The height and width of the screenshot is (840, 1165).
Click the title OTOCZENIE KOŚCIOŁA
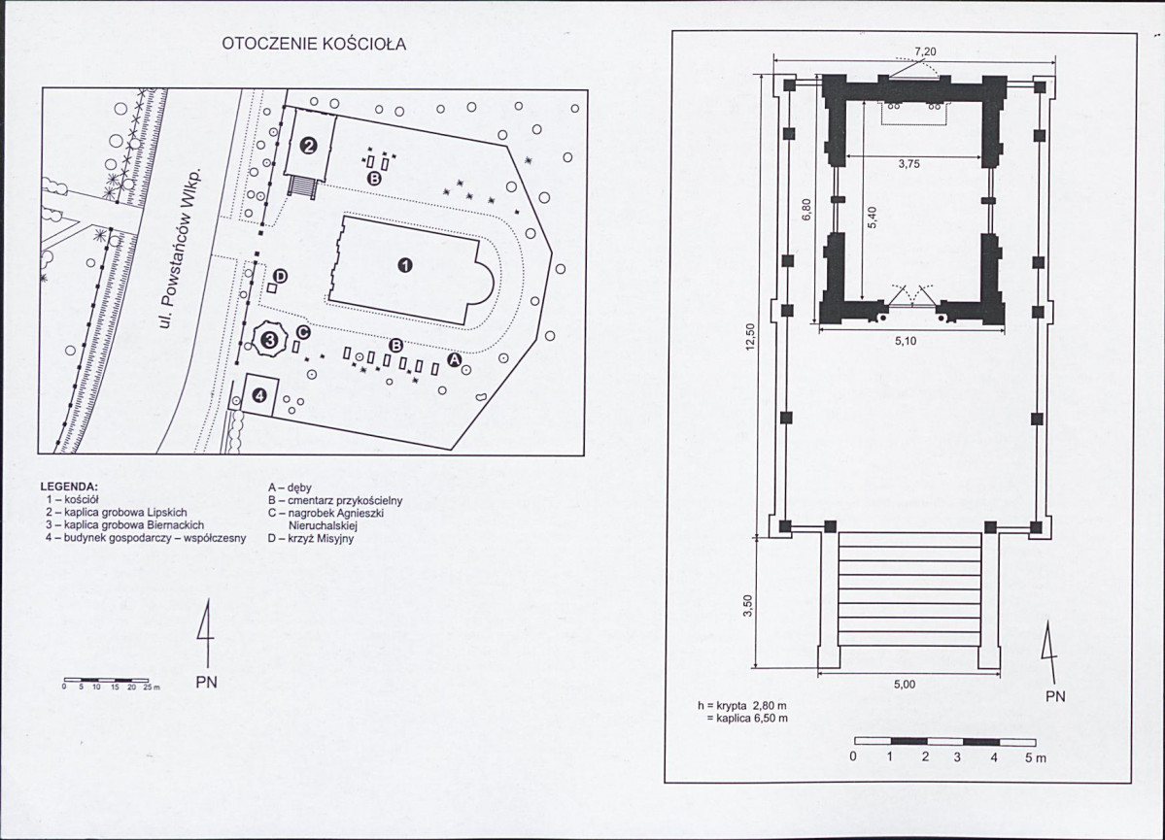pyautogui.click(x=314, y=45)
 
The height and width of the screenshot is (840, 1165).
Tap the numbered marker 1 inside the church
pyautogui.click(x=405, y=265)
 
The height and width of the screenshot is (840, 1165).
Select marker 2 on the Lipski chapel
pyautogui.click(x=309, y=147)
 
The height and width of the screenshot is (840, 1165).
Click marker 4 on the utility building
pyautogui.click(x=259, y=395)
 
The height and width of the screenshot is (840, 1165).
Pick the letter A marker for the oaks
pyautogui.click(x=453, y=360)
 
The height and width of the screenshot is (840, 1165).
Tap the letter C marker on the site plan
pyautogui.click(x=302, y=333)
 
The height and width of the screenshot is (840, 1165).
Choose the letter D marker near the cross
pyautogui.click(x=280, y=278)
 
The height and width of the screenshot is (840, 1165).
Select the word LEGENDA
pyautogui.click(x=69, y=486)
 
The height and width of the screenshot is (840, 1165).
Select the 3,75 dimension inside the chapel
pyautogui.click(x=908, y=165)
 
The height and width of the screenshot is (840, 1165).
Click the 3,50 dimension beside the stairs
pyautogui.click(x=746, y=605)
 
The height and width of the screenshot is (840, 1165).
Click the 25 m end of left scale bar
pyautogui.click(x=149, y=687)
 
